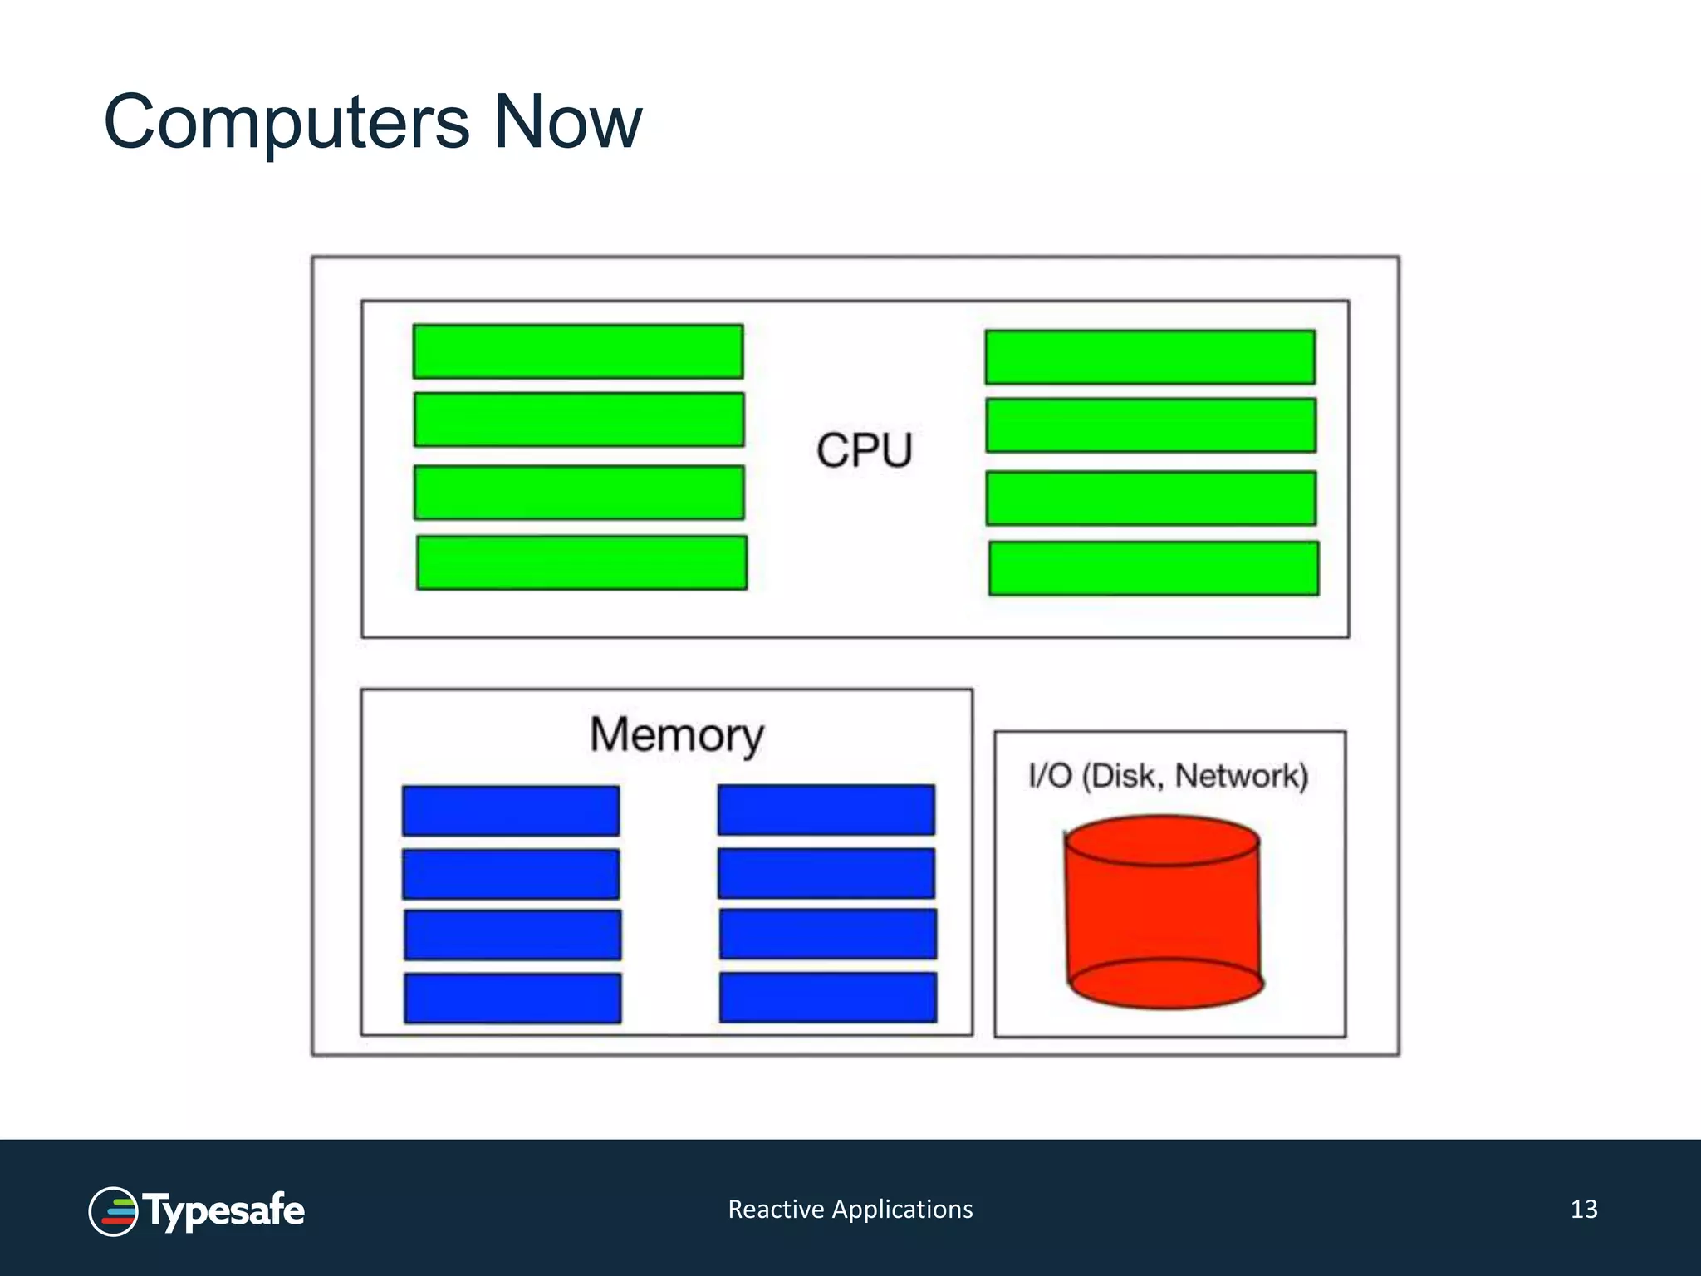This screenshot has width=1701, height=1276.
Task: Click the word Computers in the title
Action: click(x=287, y=123)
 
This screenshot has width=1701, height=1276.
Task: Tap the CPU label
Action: click(x=864, y=450)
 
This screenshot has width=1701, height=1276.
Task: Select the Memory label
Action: click(x=676, y=735)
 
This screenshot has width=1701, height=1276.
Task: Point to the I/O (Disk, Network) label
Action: click(x=1168, y=775)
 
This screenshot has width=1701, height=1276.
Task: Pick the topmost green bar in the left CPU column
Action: click(x=578, y=351)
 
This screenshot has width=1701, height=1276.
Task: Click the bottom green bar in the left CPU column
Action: click(x=581, y=562)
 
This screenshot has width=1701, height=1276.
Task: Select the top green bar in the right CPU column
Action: click(x=1150, y=357)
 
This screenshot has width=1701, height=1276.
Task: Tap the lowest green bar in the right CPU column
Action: click(x=1154, y=568)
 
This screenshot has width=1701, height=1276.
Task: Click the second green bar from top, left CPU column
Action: click(x=579, y=420)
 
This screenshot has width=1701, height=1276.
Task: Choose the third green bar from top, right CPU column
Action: click(x=1151, y=498)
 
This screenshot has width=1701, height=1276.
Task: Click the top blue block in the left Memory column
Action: click(x=511, y=811)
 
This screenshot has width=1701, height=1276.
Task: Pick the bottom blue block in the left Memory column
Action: click(x=512, y=998)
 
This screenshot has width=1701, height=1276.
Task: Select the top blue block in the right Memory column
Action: click(x=826, y=810)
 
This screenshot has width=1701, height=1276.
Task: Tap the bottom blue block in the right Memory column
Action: click(x=828, y=997)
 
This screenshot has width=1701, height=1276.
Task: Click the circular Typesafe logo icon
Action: click(x=113, y=1211)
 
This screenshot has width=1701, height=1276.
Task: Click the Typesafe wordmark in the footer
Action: click(x=224, y=1211)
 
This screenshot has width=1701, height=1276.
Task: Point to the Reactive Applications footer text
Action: click(x=850, y=1209)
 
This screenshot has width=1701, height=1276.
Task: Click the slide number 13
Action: click(x=1584, y=1209)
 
